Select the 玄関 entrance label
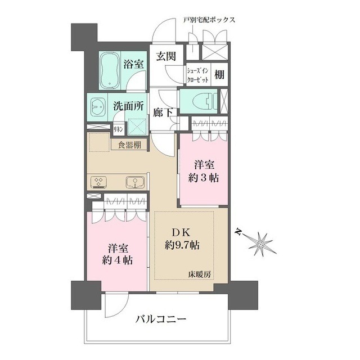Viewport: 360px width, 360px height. pos(166,56)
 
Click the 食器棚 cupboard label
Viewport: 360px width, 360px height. pos(129,145)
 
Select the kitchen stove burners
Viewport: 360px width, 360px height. pos(99,182)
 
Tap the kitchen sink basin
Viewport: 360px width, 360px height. pos(135,182)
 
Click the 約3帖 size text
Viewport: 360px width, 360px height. pos(204,178)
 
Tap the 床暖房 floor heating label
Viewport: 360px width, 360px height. pos(200,274)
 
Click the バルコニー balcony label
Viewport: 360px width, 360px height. pos(161,319)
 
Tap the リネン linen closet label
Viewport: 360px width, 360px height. pos(119,129)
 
